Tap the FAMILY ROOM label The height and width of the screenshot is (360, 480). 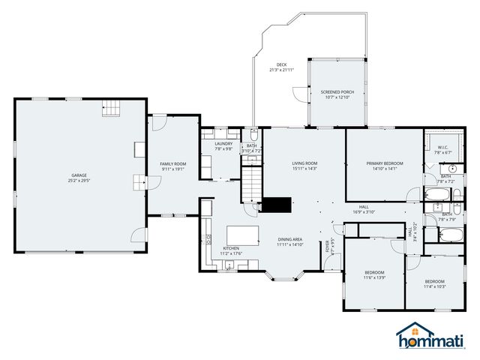[172, 163]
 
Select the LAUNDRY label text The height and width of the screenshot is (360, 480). [223, 143]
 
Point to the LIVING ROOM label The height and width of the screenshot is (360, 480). [304, 163]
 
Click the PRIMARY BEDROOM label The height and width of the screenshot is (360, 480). [384, 163]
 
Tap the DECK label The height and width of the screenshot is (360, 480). [281, 64]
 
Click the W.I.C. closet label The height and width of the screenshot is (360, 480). [442, 147]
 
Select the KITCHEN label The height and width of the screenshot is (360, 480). [231, 247]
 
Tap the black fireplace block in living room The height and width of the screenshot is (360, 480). [276, 205]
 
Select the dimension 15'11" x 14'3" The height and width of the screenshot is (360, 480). [304, 169]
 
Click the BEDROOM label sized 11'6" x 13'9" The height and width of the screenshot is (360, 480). [374, 272]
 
